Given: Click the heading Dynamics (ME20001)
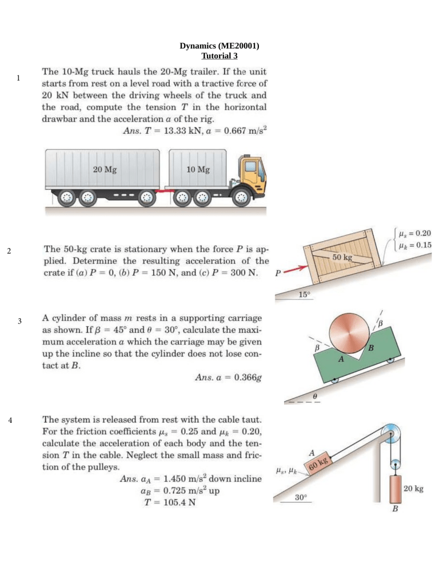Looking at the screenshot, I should (x=219, y=46).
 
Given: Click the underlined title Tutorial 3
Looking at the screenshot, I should (x=219, y=56).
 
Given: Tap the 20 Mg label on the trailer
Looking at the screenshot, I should (x=105, y=169).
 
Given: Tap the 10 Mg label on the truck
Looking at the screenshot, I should (x=198, y=169).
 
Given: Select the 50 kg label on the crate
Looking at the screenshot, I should (x=342, y=258).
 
